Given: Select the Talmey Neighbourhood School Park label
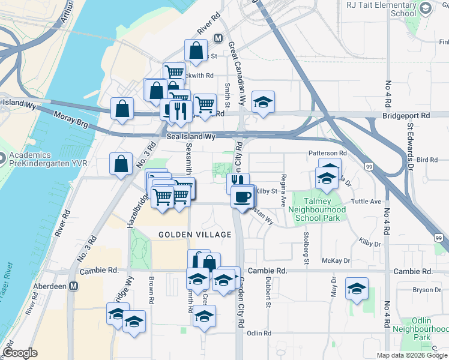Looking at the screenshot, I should tap(317, 209).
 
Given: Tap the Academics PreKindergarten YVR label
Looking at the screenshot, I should tap(41, 159).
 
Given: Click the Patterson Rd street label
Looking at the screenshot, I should tap(328, 154).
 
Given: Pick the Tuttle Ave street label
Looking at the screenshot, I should tap(368, 202).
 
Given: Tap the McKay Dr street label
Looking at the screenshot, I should tap(336, 260).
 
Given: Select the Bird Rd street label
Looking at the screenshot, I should tap(426, 160).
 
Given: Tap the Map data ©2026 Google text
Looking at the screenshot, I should tap(412, 355).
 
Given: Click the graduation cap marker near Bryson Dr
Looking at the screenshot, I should tap(357, 288).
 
